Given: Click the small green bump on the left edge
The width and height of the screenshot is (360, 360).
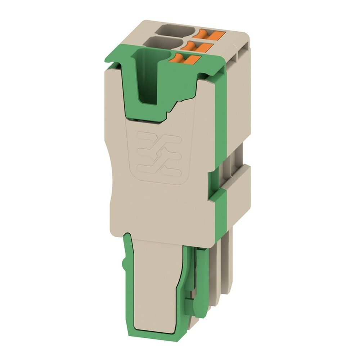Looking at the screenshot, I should point(124,265).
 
